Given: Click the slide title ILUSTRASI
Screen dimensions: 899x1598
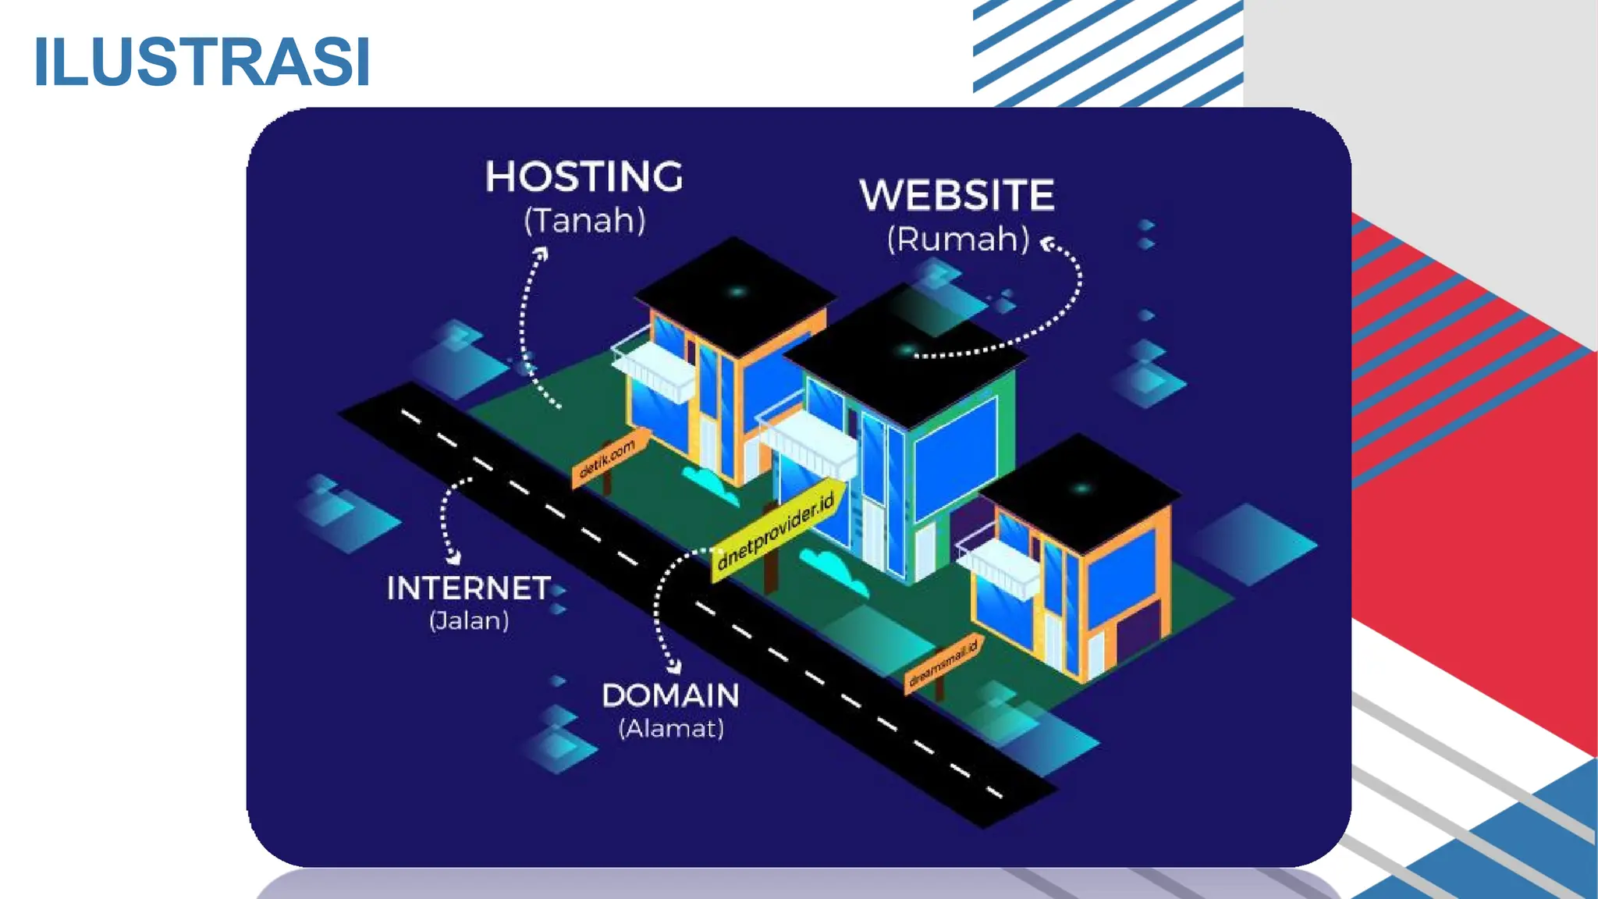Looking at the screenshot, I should pos(201,62).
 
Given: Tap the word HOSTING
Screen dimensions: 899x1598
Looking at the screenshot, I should pos(584,176).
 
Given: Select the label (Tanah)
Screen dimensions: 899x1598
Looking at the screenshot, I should pos(584,221).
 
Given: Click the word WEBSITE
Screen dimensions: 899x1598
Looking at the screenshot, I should pos(957,195).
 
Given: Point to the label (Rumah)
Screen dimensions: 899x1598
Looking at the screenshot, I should pos(958,239).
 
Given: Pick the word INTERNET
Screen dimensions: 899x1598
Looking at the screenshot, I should pos(469,588).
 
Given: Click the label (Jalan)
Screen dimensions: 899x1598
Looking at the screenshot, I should pos(469,621).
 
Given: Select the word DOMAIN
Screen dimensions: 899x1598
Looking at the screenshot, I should pos(670,695).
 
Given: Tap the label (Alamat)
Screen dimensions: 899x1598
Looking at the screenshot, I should pos(671,729).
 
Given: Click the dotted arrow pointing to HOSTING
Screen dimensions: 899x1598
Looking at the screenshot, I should pos(527,328).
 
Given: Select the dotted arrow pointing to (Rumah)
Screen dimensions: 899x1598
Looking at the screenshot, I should pos(1038,328).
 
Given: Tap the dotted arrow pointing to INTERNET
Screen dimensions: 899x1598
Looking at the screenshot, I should pos(446,519).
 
